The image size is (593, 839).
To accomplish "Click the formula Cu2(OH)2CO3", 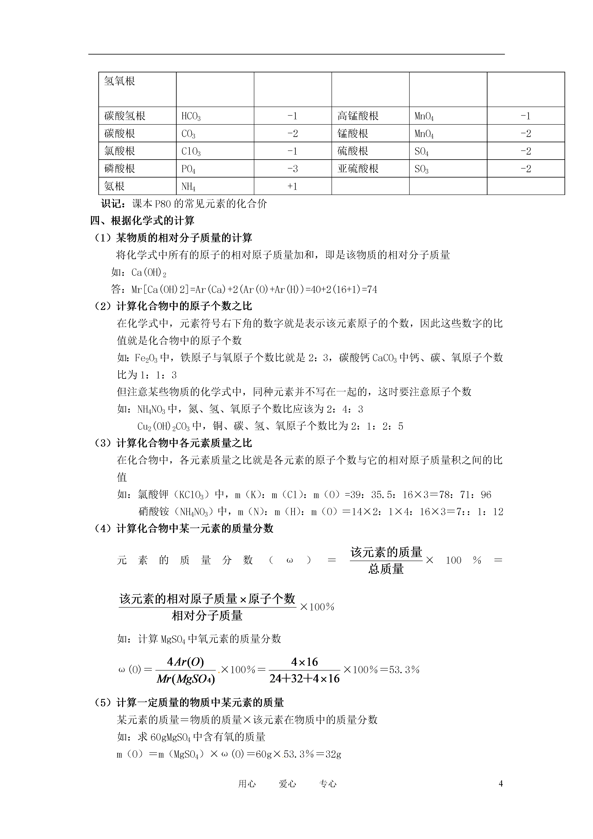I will tap(163, 426).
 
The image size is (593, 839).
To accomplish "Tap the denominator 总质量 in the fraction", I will tap(386, 569).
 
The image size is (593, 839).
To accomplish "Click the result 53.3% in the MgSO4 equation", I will tap(404, 670).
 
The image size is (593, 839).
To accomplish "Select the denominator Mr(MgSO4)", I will tap(186, 679).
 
